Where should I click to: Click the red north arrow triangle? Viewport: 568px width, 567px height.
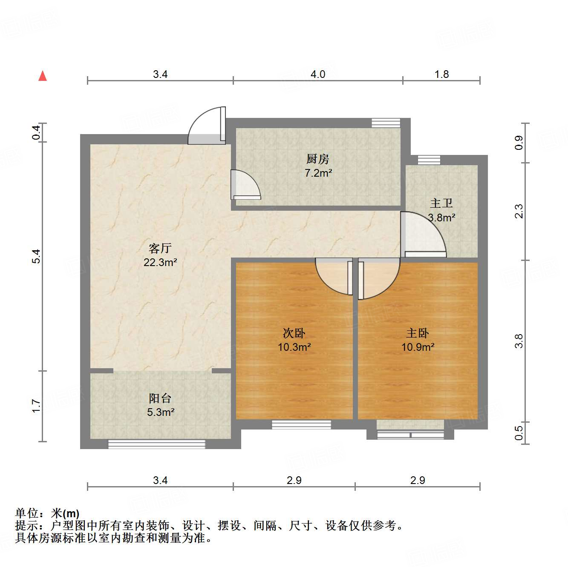pos(43,76)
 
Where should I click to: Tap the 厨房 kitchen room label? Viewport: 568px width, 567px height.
pos(318,159)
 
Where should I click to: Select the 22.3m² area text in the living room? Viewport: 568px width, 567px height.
pos(160,262)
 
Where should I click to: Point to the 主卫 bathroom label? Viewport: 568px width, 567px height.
pos(441,203)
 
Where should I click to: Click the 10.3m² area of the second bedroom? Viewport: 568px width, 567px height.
pos(294,347)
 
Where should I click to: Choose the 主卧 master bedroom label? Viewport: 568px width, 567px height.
pos(418,333)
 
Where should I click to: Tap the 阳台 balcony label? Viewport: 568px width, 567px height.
pos(160,398)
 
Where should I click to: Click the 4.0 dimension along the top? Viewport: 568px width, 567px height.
pos(318,74)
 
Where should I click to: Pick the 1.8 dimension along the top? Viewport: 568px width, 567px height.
pos(441,74)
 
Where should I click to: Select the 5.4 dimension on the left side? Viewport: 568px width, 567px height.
pos(37,256)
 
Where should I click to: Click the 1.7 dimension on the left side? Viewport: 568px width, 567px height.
pos(37,406)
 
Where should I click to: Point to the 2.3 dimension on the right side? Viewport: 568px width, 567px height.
pos(519,212)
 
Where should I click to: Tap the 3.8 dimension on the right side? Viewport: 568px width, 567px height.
pos(519,341)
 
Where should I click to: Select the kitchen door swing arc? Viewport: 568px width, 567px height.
pos(245,184)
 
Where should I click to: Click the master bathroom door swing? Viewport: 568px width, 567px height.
pos(422,234)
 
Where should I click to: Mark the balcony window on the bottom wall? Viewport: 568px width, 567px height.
pos(156,444)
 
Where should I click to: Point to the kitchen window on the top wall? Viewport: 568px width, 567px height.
pos(386,123)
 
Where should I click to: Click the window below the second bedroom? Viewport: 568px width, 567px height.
pos(301,424)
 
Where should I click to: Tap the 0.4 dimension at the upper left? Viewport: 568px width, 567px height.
pos(37,133)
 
